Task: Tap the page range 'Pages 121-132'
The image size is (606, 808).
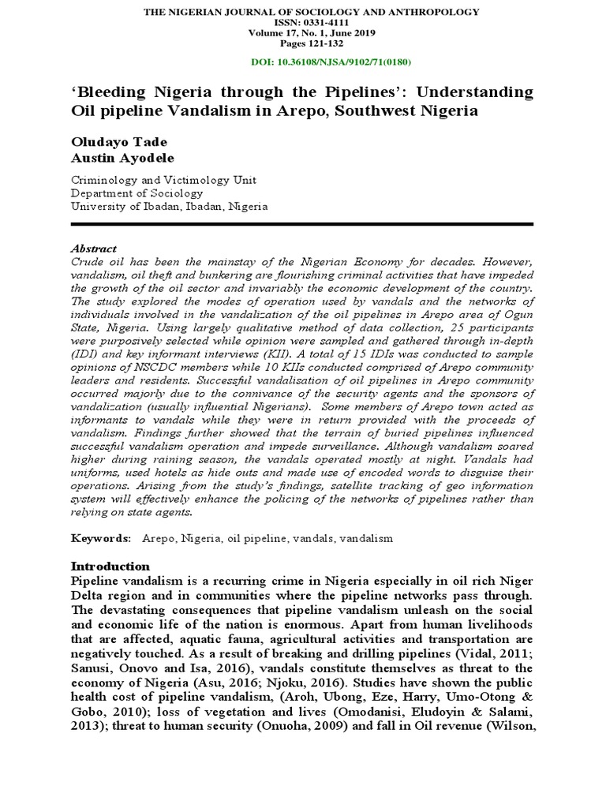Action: [302, 43]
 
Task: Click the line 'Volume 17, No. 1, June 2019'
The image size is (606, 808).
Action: [302, 33]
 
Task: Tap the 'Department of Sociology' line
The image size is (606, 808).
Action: [137, 193]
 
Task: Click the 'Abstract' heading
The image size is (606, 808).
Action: [94, 248]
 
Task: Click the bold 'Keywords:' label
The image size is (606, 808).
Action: [101, 538]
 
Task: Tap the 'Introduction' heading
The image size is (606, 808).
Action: [110, 567]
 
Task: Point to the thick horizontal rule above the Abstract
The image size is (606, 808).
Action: [302, 224]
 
